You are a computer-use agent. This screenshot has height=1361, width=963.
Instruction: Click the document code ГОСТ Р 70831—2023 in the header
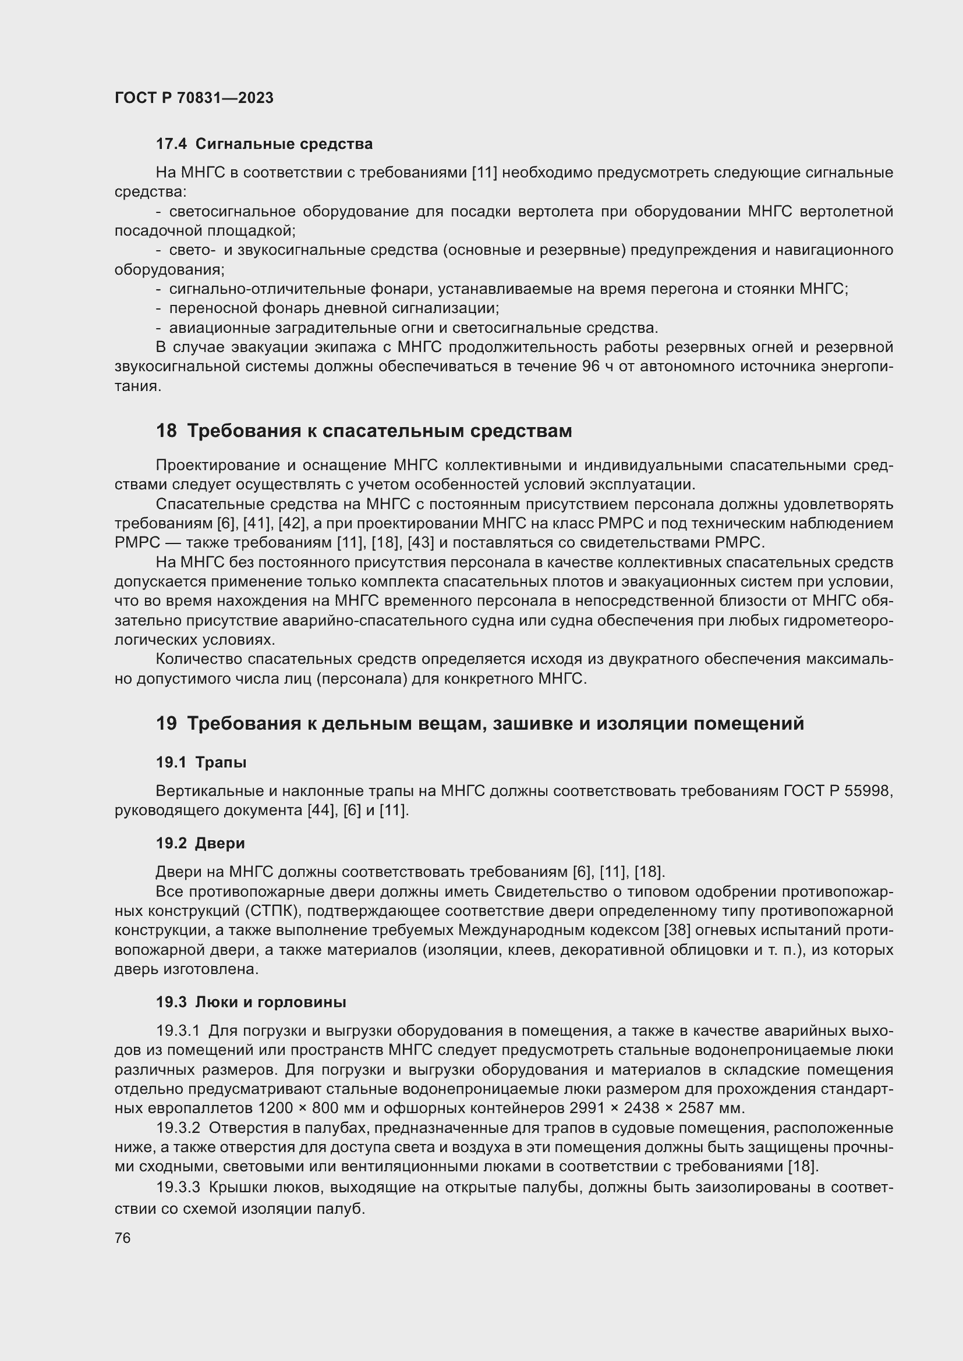tap(194, 98)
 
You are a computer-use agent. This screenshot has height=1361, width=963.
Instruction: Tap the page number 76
tap(122, 1238)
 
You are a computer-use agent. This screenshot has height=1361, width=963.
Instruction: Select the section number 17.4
tap(171, 144)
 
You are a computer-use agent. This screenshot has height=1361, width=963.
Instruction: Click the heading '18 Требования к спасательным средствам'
tap(363, 431)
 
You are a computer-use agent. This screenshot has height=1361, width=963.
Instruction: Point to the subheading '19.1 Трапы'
tap(201, 762)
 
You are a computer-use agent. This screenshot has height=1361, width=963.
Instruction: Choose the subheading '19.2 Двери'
tap(200, 843)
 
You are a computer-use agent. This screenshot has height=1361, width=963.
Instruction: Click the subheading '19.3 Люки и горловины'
tap(251, 1003)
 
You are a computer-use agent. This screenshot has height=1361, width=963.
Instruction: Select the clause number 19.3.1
tap(178, 1031)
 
